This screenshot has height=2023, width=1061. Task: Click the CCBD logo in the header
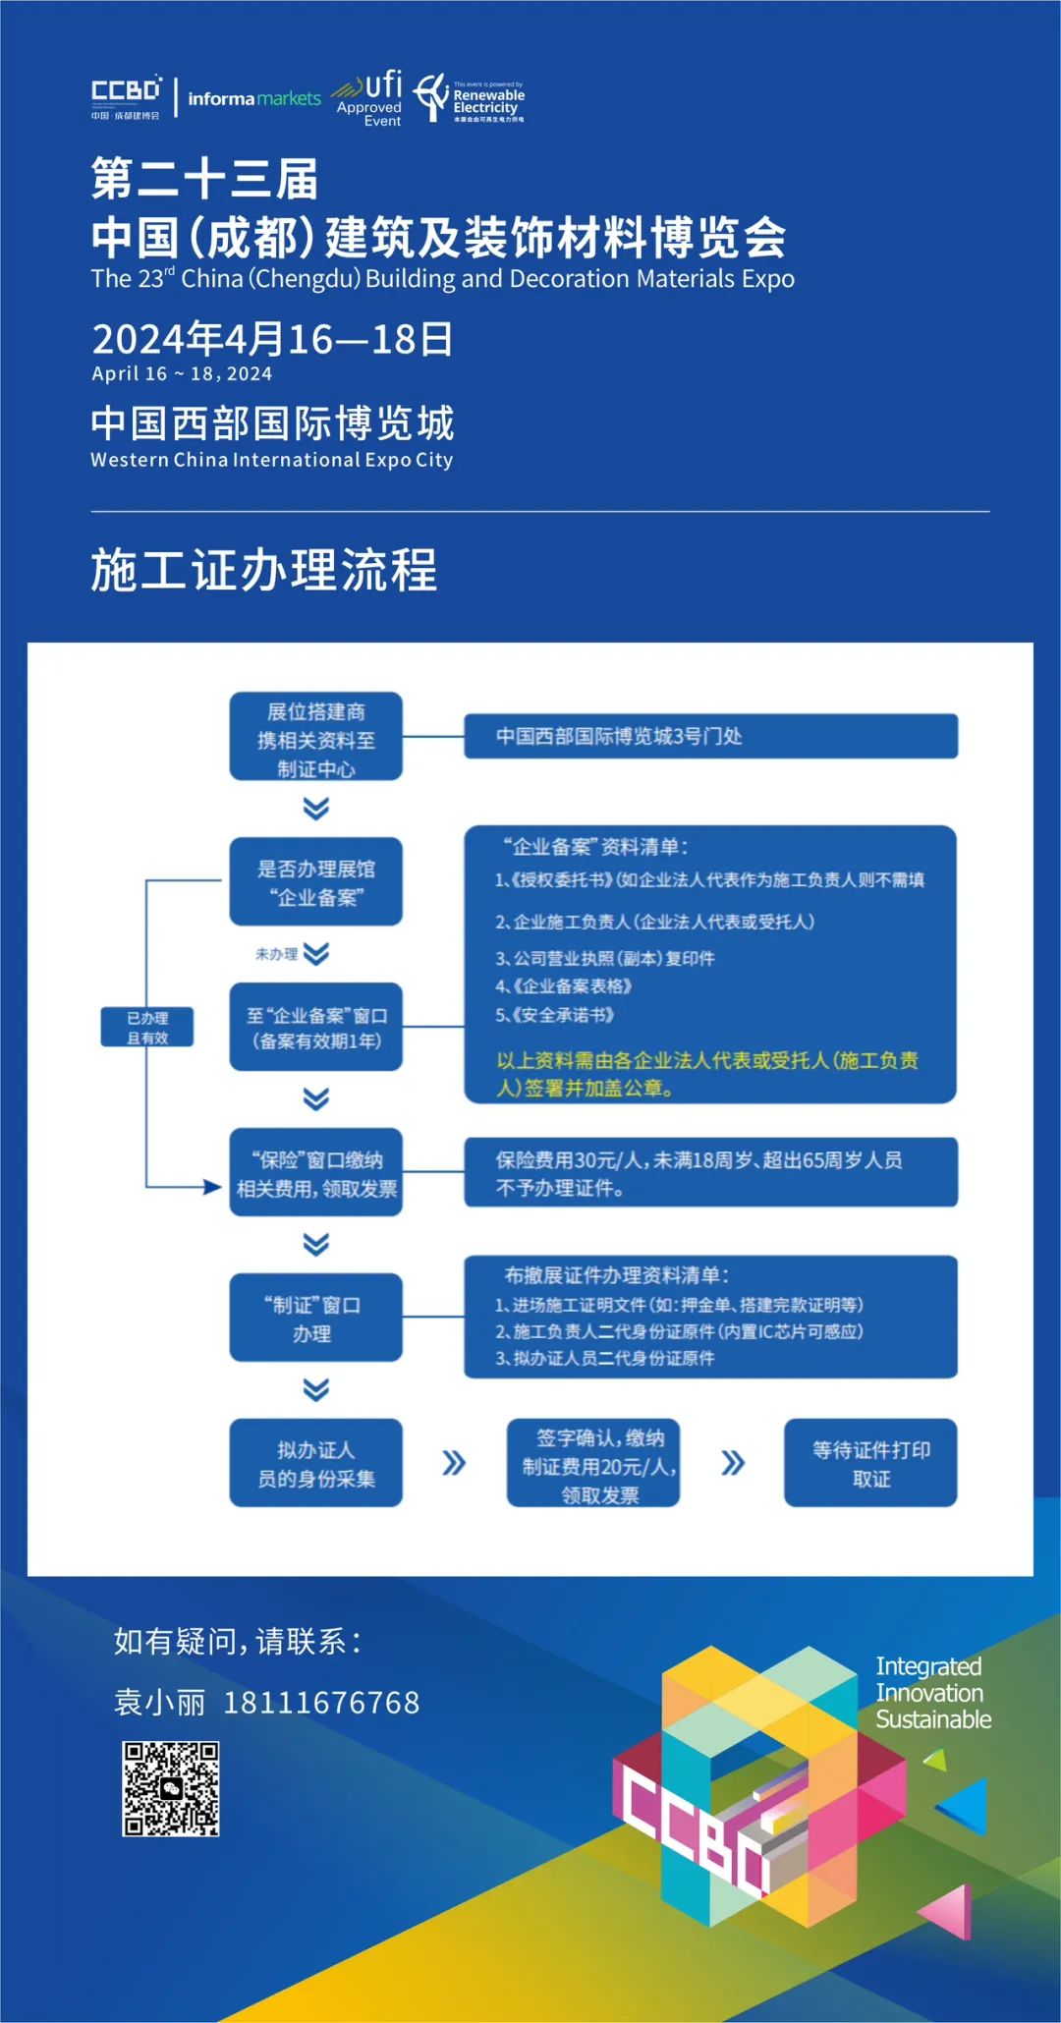pyautogui.click(x=126, y=97)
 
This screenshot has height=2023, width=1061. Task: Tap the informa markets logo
pyautogui.click(x=254, y=98)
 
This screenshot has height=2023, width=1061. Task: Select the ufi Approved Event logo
pyautogui.click(x=368, y=98)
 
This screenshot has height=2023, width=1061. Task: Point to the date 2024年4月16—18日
pyautogui.click(x=272, y=339)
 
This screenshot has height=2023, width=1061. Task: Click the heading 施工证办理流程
pyautogui.click(x=264, y=570)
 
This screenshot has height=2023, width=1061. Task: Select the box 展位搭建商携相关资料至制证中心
pyautogui.click(x=315, y=737)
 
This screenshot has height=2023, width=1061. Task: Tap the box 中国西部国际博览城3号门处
pyautogui.click(x=710, y=736)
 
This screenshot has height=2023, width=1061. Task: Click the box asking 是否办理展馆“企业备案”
pyautogui.click(x=315, y=881)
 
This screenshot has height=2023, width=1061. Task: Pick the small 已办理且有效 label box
pyautogui.click(x=147, y=1027)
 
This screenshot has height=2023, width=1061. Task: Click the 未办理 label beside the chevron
pyautogui.click(x=276, y=954)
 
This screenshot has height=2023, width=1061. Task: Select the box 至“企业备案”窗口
pyautogui.click(x=315, y=1027)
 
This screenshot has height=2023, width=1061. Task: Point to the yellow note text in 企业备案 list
pyautogui.click(x=707, y=1074)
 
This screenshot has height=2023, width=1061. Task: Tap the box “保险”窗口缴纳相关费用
pyautogui.click(x=315, y=1172)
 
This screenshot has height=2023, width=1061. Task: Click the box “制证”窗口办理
pyautogui.click(x=315, y=1318)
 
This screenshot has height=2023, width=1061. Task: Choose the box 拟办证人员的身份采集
pyautogui.click(x=315, y=1463)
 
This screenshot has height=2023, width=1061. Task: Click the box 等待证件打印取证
pyautogui.click(x=870, y=1463)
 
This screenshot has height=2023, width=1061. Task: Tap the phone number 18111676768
pyautogui.click(x=321, y=1703)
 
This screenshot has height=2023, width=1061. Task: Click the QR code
pyautogui.click(x=170, y=1789)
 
